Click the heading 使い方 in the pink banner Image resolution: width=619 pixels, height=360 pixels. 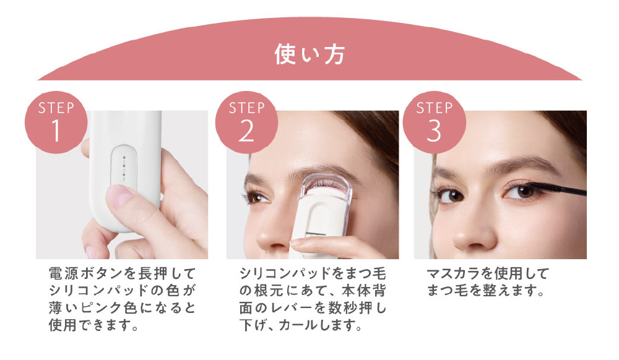[310, 54]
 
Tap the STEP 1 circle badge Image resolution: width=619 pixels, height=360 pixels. [56, 122]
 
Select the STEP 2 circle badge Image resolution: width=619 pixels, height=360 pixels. [247, 122]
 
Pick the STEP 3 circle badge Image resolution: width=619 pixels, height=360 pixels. [435, 122]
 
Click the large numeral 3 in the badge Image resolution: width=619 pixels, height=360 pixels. [434, 131]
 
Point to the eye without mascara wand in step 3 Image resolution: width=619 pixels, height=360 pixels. [450, 195]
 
